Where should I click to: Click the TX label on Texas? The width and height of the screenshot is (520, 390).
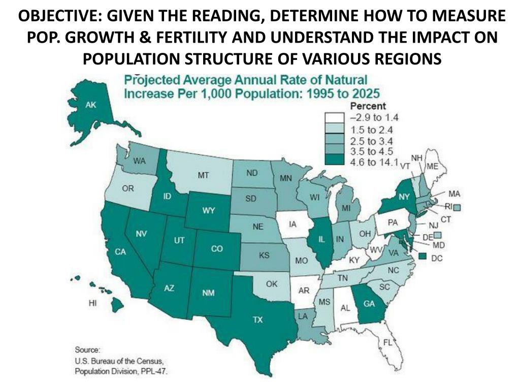pos(258,320)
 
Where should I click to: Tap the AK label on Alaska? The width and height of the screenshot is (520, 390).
pos(91,105)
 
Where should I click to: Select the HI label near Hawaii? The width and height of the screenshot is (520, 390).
pos(92,303)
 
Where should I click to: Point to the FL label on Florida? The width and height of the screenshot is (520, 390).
pos(387,342)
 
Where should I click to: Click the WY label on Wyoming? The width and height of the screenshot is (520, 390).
pos(209,211)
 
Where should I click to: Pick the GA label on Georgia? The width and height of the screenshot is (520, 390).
pos(369,304)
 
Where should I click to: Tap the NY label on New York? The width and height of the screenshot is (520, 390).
pos(404,196)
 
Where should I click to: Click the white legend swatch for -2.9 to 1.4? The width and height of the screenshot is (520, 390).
pos(335,118)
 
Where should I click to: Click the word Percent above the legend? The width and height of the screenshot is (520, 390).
pos(369,107)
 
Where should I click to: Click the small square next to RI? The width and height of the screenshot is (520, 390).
pos(457,207)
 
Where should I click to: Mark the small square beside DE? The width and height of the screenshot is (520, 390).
pos(437,235)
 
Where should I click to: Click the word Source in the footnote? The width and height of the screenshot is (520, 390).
pos(88,350)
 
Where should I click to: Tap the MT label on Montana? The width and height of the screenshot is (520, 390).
pos(203,175)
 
